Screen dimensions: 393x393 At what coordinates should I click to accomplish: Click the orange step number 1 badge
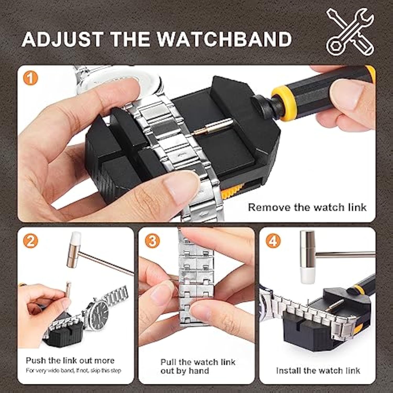coord(30,78)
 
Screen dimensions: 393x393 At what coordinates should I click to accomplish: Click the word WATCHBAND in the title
coord(225,39)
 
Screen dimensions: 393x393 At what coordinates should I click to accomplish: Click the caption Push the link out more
coord(70,361)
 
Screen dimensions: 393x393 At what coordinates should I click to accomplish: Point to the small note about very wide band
coord(73,371)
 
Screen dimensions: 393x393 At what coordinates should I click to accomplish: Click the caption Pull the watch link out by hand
coord(198,367)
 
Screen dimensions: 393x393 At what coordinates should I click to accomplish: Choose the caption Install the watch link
coord(318,371)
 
